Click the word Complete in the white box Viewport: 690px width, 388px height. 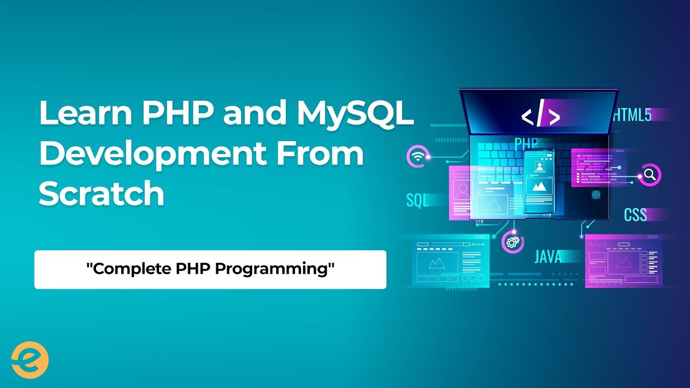tap(123, 269)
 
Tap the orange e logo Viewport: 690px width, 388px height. tap(30, 359)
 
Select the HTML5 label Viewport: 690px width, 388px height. tap(632, 115)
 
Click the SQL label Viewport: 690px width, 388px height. tap(417, 201)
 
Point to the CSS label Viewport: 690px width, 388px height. tap(635, 214)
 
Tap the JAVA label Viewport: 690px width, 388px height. tap(548, 257)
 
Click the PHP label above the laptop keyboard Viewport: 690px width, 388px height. tap(527, 144)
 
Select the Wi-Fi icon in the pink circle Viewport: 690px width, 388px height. tap(417, 157)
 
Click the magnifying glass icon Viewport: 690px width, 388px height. tap(650, 175)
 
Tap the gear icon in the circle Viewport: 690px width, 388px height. tap(512, 242)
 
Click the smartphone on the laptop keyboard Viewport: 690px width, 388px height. tap(539, 182)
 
